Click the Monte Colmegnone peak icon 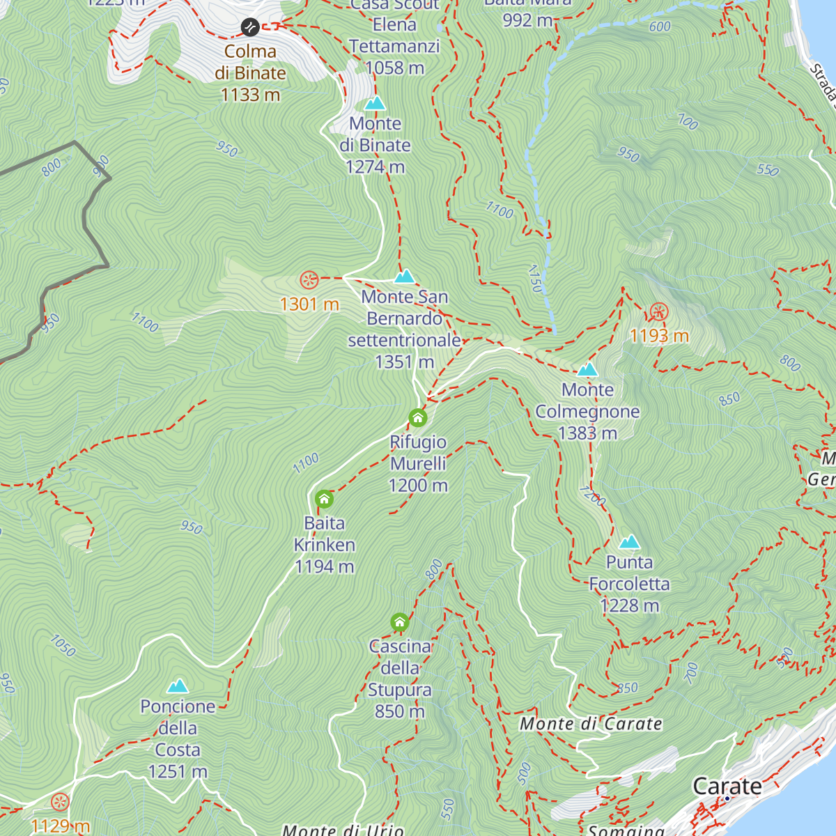pos(587,369)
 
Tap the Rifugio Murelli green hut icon pos(417,418)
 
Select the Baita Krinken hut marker pos(324,499)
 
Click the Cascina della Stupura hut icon pos(399,622)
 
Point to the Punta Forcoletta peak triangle pos(629,542)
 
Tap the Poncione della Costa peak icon pos(178,686)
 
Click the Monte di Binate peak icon pos(375,104)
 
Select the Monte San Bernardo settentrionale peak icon pos(404,277)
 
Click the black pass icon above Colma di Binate pos(250,27)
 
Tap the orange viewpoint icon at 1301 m pos(309,280)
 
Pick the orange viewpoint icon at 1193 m pos(658,311)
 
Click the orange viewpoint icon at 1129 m pos(60,802)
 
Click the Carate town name pos(727,786)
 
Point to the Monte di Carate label pos(591,724)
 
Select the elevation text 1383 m pos(587,433)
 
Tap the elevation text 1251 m pos(178,772)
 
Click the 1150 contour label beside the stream pos(535,278)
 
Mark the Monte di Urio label pos(343,830)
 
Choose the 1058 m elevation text pos(394,68)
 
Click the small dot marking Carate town pos(727,798)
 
